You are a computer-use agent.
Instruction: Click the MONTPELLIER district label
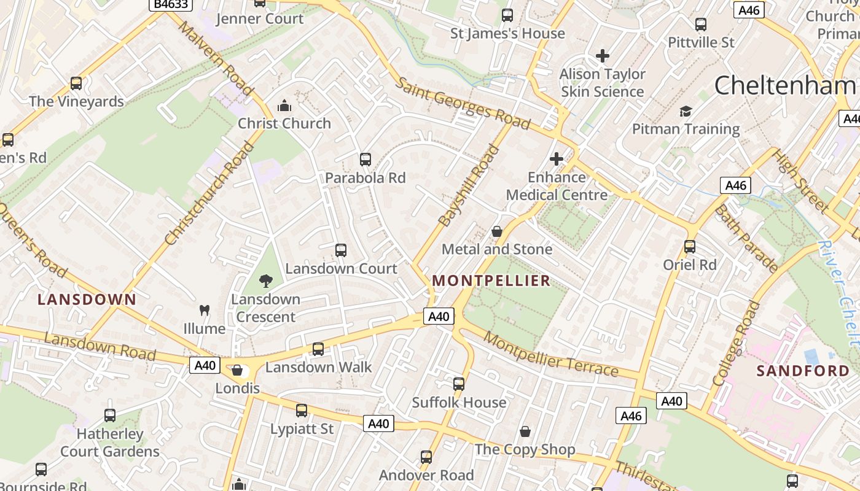pos(491,281)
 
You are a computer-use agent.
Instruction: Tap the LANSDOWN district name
pos(87,300)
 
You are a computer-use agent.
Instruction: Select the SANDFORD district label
pos(803,371)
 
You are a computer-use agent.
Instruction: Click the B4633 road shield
pos(171,4)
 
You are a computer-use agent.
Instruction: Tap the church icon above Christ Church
pos(284,106)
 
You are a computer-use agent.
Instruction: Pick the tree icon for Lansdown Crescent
pos(266,281)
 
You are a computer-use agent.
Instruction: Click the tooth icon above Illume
pos(205,311)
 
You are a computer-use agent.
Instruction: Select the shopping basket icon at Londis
pos(237,370)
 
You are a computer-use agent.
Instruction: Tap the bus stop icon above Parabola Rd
pos(365,160)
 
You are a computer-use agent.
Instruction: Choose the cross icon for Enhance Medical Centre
pos(557,159)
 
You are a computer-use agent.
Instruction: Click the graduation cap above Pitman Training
pos(686,111)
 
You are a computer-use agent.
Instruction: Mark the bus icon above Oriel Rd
pos(690,247)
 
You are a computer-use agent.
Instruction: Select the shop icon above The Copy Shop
pos(525,431)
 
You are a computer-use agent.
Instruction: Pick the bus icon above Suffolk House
pos(459,384)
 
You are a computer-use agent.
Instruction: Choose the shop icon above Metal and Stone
pos(497,231)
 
